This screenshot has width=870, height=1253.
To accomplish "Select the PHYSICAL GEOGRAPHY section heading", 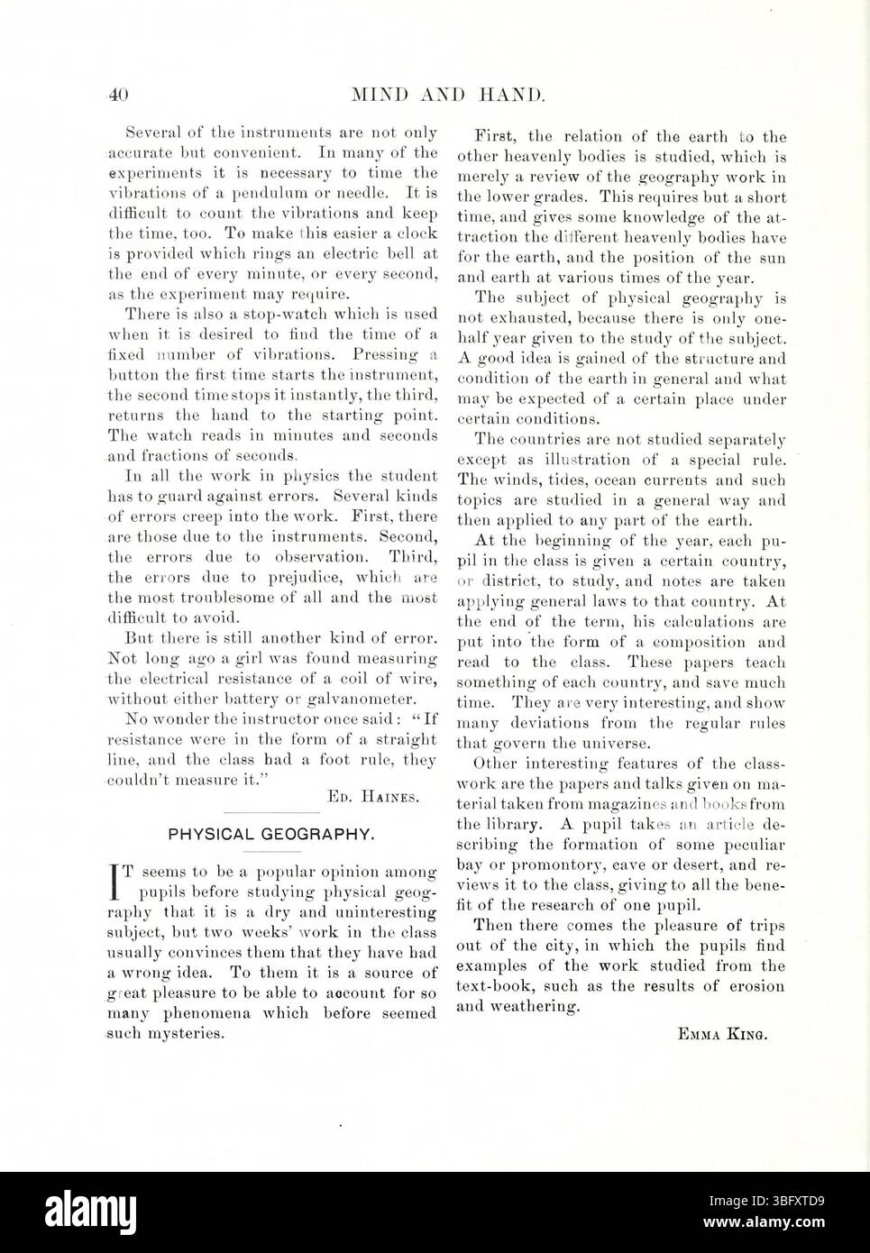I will [271, 835].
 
